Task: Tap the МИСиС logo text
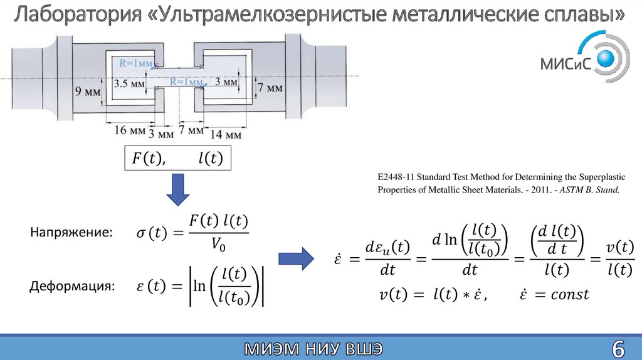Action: [x=565, y=65]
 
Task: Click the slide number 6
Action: [x=618, y=347]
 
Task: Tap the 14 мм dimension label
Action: [x=225, y=134]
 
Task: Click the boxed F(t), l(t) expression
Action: [x=177, y=159]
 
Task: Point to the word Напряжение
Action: [x=71, y=233]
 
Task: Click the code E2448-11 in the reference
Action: [x=396, y=177]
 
